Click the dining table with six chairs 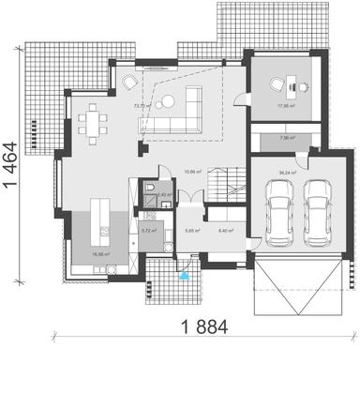coord(94,121)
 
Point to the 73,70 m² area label coord(142,106)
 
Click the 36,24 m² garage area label coord(288,173)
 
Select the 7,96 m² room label coord(287,139)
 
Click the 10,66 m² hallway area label coord(193,171)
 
